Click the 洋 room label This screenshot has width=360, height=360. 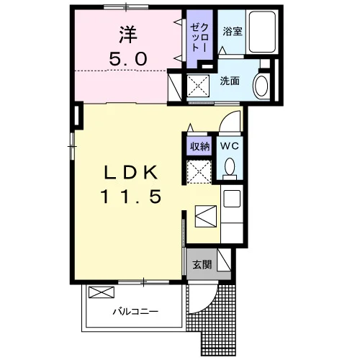pyautogui.click(x=128, y=35)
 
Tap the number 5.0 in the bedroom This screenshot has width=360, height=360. pyautogui.click(x=128, y=59)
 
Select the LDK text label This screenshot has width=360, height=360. pyautogui.click(x=131, y=172)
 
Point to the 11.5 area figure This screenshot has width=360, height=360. pyautogui.click(x=131, y=197)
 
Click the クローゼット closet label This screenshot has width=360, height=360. pyautogui.click(x=199, y=38)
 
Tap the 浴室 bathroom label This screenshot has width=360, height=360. pyautogui.click(x=232, y=32)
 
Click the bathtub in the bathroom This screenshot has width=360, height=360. pyautogui.click(x=262, y=32)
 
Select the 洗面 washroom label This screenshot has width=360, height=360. pyautogui.click(x=230, y=81)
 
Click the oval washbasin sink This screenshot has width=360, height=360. pyautogui.click(x=261, y=86)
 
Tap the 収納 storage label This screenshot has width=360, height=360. pyautogui.click(x=199, y=146)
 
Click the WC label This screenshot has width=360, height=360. pyautogui.click(x=230, y=145)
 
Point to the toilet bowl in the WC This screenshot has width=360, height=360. pyautogui.click(x=230, y=166)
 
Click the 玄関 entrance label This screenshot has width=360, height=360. pyautogui.click(x=202, y=265)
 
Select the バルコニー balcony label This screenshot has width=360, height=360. pyautogui.click(x=135, y=312)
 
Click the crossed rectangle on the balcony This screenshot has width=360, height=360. pyautogui.click(x=102, y=292)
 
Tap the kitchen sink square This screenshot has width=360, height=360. pyautogui.click(x=232, y=199)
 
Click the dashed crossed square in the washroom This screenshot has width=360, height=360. pyautogui.click(x=198, y=86)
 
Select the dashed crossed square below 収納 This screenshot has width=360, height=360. pyautogui.click(x=199, y=172)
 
